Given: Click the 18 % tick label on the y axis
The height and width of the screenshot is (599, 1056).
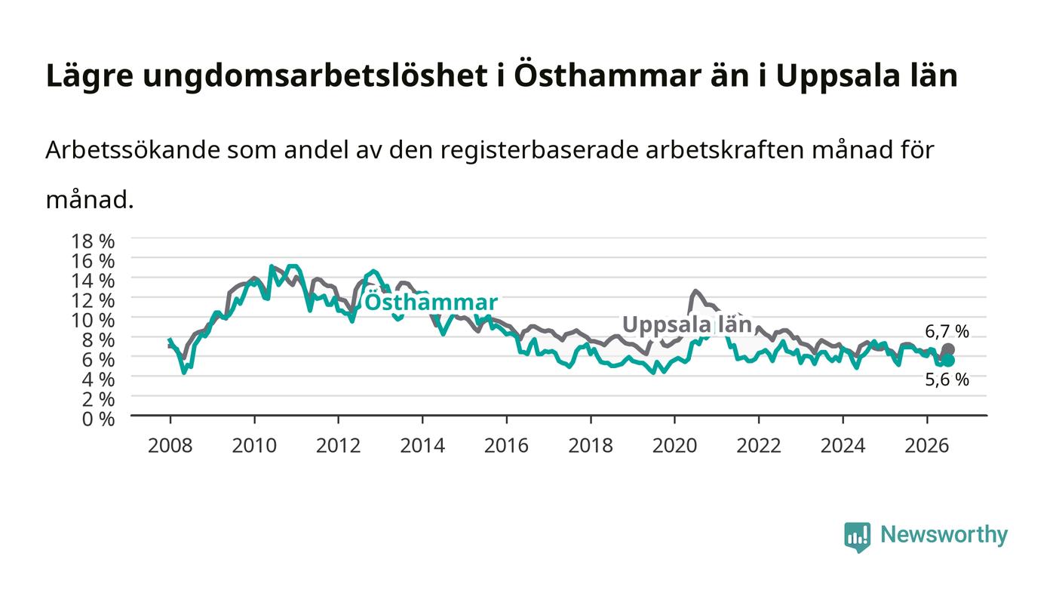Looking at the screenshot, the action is click(x=93, y=241).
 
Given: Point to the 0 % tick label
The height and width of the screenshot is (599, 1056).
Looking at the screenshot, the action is click(x=98, y=419).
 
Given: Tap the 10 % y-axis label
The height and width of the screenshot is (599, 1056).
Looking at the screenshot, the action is click(x=93, y=321).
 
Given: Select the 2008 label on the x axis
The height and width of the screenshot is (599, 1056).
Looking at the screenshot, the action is click(x=170, y=446).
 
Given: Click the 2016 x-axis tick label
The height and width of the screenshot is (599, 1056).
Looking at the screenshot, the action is click(x=506, y=446).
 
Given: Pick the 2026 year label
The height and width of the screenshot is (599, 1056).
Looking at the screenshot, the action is click(x=927, y=446).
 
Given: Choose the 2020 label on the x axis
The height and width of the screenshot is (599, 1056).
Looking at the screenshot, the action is click(x=674, y=446).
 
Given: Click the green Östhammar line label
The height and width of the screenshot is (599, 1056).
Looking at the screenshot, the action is click(x=431, y=303).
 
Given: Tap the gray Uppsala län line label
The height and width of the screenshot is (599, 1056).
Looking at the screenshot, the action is click(x=687, y=325).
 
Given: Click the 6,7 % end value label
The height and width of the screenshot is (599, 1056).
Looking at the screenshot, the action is click(x=947, y=332).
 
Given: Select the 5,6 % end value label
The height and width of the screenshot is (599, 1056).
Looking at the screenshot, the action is click(x=947, y=379).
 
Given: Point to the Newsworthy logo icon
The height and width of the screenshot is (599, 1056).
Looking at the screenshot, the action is click(x=857, y=537).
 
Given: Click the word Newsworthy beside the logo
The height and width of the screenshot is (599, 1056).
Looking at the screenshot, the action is click(x=944, y=535).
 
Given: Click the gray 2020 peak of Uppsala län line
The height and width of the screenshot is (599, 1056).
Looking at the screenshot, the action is click(x=695, y=291).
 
